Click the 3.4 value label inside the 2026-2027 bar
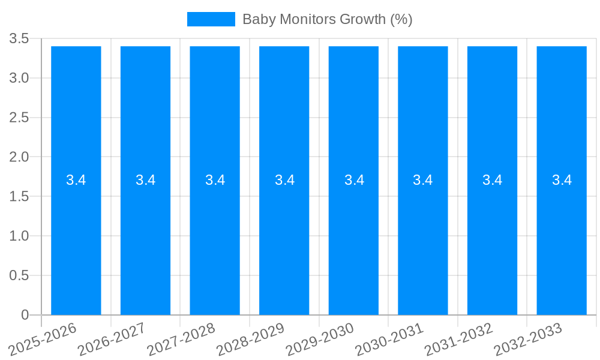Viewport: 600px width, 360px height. [x=145, y=180]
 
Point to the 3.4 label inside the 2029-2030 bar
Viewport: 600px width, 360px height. [x=354, y=180]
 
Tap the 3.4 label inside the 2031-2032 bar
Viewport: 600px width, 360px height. [x=493, y=180]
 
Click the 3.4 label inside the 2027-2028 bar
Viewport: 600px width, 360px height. [x=215, y=180]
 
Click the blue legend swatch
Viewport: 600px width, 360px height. [x=211, y=19]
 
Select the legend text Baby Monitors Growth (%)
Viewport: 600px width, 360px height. [x=327, y=19]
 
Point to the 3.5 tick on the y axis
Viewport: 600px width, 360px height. [x=19, y=39]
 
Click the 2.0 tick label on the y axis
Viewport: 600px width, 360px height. [x=19, y=157]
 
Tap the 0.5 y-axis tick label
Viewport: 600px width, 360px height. [x=19, y=275]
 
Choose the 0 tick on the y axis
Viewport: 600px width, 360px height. [x=25, y=315]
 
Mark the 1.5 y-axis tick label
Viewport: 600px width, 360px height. [x=19, y=197]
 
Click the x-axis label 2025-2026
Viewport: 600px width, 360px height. [x=44, y=339]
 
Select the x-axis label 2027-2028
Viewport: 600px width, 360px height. [x=182, y=339]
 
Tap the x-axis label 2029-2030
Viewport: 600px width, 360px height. [x=321, y=339]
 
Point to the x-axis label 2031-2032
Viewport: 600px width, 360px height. [x=460, y=339]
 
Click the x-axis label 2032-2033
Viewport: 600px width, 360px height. [x=529, y=339]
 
